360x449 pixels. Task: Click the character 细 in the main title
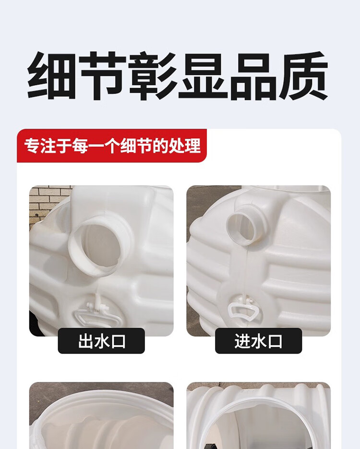point(52,76)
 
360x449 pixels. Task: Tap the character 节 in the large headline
point(102,76)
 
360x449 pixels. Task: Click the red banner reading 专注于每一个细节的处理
point(112,146)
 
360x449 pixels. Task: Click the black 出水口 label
point(101,341)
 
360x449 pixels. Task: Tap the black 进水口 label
point(258,341)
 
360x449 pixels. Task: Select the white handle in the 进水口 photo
point(242,310)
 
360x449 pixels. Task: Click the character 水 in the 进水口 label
point(258,341)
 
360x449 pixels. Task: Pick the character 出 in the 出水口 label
point(85,341)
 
